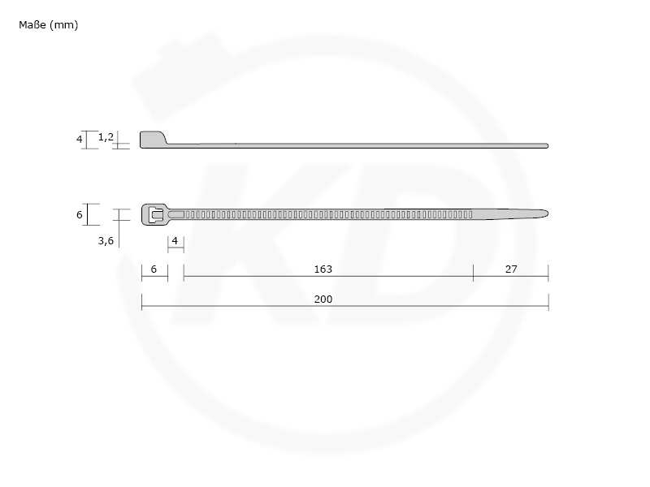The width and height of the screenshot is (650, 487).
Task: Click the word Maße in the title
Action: click(32, 25)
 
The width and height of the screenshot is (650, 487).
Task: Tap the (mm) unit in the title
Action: click(63, 25)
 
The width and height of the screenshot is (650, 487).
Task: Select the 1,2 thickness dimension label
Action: click(106, 137)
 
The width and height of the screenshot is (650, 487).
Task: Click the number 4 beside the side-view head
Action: click(79, 139)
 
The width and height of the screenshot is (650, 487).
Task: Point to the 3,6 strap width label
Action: click(106, 240)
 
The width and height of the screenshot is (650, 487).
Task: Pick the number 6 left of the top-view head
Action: click(79, 214)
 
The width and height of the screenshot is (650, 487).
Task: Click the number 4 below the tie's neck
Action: click(175, 240)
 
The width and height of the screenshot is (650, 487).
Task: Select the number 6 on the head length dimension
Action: click(154, 269)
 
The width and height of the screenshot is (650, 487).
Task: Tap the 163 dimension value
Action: click(323, 269)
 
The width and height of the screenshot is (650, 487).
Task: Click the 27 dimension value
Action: click(511, 269)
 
